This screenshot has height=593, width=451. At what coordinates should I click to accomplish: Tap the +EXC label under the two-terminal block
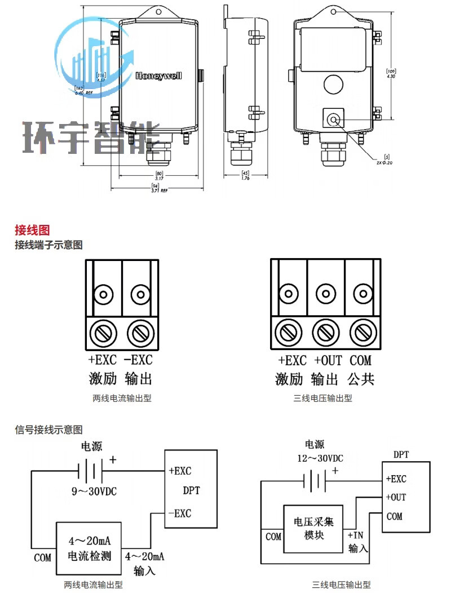click(x=102, y=360)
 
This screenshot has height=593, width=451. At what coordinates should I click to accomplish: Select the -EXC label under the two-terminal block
click(x=138, y=360)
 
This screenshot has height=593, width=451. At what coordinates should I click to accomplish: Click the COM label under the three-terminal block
click(x=361, y=360)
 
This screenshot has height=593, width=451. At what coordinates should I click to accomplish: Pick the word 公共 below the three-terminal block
click(x=361, y=379)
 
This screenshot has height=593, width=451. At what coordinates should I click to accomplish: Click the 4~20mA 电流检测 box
click(x=89, y=546)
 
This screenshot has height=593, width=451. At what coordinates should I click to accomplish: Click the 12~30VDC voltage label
click(x=320, y=458)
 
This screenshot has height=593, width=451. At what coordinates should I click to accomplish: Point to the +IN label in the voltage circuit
click(x=357, y=534)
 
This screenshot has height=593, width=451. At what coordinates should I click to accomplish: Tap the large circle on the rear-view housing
click(x=333, y=85)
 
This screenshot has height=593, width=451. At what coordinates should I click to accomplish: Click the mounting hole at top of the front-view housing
click(x=158, y=11)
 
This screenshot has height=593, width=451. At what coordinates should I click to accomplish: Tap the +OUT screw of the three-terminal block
click(x=325, y=332)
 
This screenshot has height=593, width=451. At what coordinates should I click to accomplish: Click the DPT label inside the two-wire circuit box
click(x=191, y=490)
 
